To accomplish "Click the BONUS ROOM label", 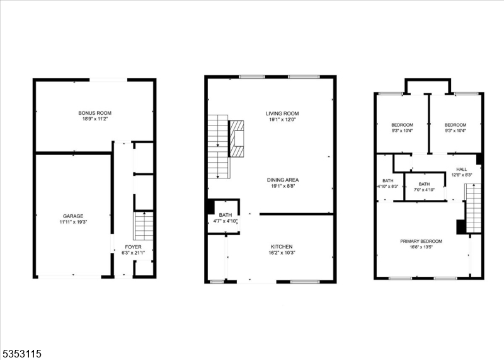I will click(95, 113).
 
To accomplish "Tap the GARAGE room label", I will click(72, 216).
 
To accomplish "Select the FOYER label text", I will click(133, 247).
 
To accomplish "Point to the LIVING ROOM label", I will click(282, 113).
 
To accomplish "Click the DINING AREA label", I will click(282, 180).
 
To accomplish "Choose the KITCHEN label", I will click(282, 247).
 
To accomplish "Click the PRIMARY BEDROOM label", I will click(421, 241).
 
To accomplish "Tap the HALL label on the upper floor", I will click(462, 169).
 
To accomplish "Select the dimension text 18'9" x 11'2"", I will click(95, 119).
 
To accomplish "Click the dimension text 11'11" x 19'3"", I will click(72, 222).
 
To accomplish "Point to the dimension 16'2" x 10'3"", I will click(282, 253).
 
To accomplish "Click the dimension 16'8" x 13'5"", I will click(421, 247).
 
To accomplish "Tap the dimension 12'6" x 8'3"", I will click(462, 175).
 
